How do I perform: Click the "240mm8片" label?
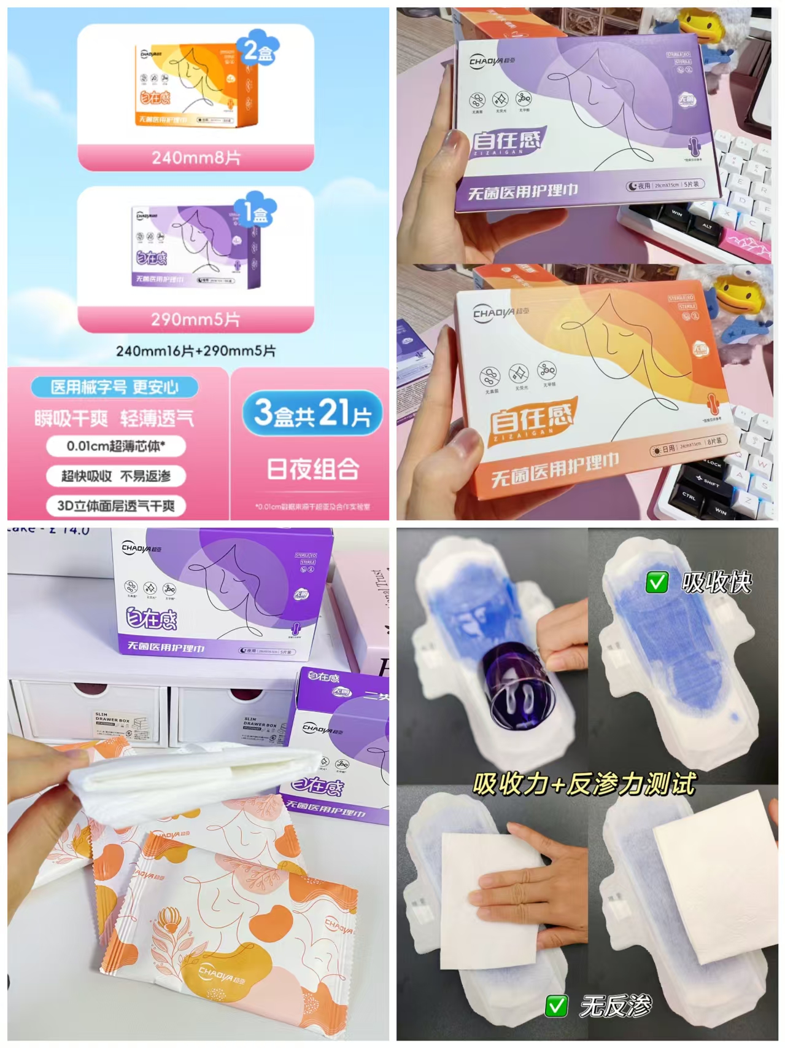point(196,158)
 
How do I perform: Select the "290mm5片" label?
point(196,319)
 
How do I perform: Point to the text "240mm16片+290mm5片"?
point(196,351)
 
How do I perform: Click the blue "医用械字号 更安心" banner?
point(115,387)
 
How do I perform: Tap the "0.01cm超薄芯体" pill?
point(116,446)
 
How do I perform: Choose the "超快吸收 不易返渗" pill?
point(116,476)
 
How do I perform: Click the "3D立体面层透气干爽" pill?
point(116,506)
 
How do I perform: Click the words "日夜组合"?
point(312,469)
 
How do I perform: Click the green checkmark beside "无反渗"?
point(556,1006)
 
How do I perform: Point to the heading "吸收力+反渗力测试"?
point(584,784)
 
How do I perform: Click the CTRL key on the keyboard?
point(689,496)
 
